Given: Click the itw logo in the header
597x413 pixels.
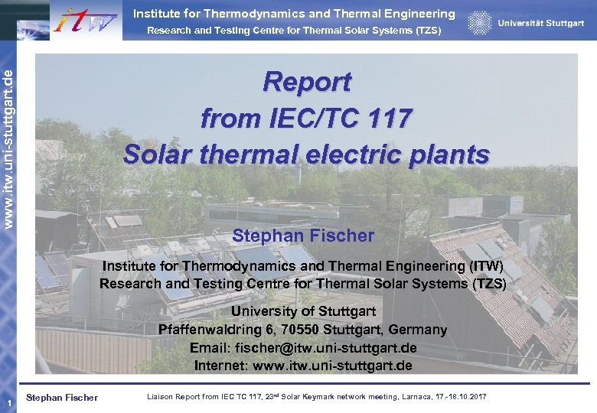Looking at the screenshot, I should pyautogui.click(x=86, y=21).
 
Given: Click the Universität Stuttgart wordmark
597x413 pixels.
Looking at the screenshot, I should pyautogui.click(x=541, y=24).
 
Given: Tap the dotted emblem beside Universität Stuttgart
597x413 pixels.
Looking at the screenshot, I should pyautogui.click(x=480, y=23).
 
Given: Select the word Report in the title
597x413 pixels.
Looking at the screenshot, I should pyautogui.click(x=306, y=81).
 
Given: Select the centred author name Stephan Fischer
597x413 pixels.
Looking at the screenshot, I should pyautogui.click(x=303, y=236).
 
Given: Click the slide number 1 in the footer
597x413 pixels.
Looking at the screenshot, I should pyautogui.click(x=6, y=403).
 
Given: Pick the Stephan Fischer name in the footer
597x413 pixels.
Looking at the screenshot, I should pyautogui.click(x=62, y=397).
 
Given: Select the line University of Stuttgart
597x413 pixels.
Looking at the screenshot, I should pyautogui.click(x=303, y=311).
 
